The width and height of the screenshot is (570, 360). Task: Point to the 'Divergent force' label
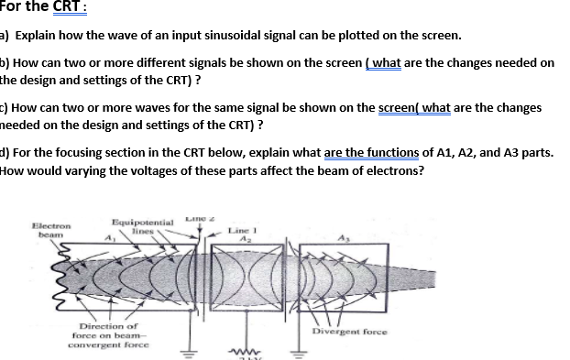click(x=350, y=331)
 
